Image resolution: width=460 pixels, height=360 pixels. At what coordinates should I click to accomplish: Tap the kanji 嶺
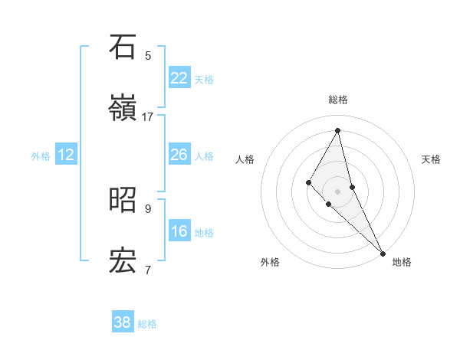(x=123, y=107)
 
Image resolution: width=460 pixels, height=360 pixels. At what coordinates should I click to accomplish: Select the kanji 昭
(x=123, y=199)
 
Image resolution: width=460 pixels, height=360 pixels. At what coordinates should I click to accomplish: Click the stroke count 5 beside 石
(x=148, y=56)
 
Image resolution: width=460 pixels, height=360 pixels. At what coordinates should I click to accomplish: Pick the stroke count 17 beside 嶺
(x=148, y=117)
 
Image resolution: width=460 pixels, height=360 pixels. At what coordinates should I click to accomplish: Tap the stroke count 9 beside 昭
(x=148, y=208)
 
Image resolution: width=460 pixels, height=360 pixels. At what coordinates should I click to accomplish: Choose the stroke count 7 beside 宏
(x=148, y=270)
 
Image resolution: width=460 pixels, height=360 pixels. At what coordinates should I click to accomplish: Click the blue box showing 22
(x=179, y=78)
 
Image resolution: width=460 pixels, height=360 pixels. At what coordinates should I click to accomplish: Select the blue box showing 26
(x=179, y=155)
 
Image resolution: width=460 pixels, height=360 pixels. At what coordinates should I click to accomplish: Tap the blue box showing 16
(x=179, y=231)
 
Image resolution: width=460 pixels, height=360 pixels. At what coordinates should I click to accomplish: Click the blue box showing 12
(x=66, y=155)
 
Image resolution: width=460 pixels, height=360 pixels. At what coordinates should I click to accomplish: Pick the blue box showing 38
(x=122, y=322)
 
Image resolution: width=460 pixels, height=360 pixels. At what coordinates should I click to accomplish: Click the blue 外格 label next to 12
(x=41, y=156)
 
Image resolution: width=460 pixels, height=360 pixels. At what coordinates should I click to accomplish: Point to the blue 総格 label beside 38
(x=147, y=324)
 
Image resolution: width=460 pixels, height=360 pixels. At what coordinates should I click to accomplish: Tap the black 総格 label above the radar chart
(x=338, y=100)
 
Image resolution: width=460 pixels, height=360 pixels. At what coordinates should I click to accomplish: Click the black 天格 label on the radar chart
(x=432, y=159)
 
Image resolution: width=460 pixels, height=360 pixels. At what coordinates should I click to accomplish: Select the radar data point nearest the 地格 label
(x=382, y=252)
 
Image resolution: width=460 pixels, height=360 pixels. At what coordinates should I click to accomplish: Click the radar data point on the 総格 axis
(x=338, y=130)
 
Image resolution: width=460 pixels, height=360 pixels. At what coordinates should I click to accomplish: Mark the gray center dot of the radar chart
(x=338, y=191)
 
